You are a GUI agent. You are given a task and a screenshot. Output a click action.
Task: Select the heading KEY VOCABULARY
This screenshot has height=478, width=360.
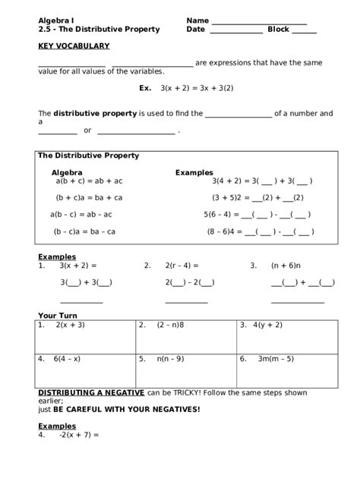pos(74,46)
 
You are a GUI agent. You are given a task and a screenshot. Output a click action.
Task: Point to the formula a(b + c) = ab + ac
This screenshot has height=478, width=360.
pos(89,181)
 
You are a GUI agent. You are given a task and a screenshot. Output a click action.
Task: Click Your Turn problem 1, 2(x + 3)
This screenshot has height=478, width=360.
pos(70,325)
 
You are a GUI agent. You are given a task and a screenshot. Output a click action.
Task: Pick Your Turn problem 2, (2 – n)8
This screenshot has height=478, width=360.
pos(171,325)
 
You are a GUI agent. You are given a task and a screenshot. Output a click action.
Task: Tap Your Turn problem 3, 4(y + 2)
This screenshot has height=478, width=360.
pos(267,325)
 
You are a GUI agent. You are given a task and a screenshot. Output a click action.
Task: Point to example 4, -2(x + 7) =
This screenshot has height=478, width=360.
pos(79,436)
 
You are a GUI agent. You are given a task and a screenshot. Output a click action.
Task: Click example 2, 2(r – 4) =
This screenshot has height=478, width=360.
pos(182,266)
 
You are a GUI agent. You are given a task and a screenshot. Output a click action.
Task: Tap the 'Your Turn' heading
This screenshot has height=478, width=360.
pos(58,314)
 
